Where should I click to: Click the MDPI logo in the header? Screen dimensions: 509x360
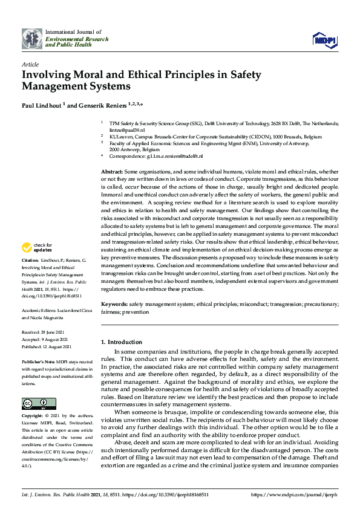324,39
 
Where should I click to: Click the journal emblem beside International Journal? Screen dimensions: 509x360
31,38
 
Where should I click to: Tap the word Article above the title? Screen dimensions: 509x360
30,64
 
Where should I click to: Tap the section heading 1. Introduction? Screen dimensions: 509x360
120,342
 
